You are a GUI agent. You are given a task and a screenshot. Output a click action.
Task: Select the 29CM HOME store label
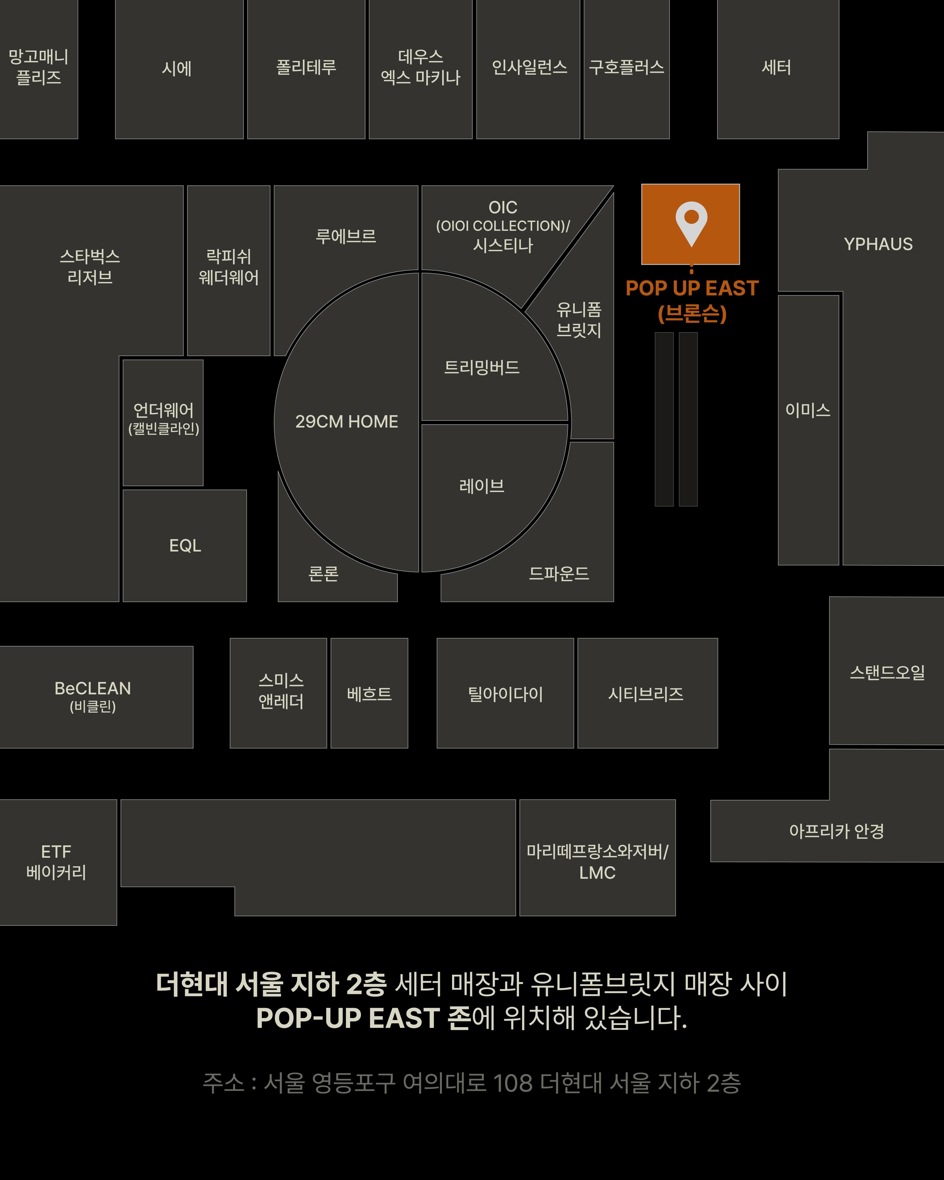click(347, 421)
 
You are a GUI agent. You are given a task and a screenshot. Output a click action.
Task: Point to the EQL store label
click(185, 546)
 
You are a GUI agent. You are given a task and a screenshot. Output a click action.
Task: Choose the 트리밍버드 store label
click(482, 367)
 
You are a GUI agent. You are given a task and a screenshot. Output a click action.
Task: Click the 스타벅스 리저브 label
click(90, 266)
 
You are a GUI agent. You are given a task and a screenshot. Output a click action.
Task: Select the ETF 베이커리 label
click(56, 862)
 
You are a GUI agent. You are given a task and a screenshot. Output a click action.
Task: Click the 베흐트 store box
click(369, 693)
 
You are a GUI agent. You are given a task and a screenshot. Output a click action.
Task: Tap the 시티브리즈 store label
click(646, 694)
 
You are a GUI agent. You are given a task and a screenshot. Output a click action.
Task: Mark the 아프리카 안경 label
click(836, 831)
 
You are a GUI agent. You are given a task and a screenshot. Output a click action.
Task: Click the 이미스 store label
click(808, 410)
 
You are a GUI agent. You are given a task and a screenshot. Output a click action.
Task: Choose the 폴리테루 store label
click(306, 67)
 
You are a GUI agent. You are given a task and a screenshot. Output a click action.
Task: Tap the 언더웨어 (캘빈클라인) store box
click(163, 423)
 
